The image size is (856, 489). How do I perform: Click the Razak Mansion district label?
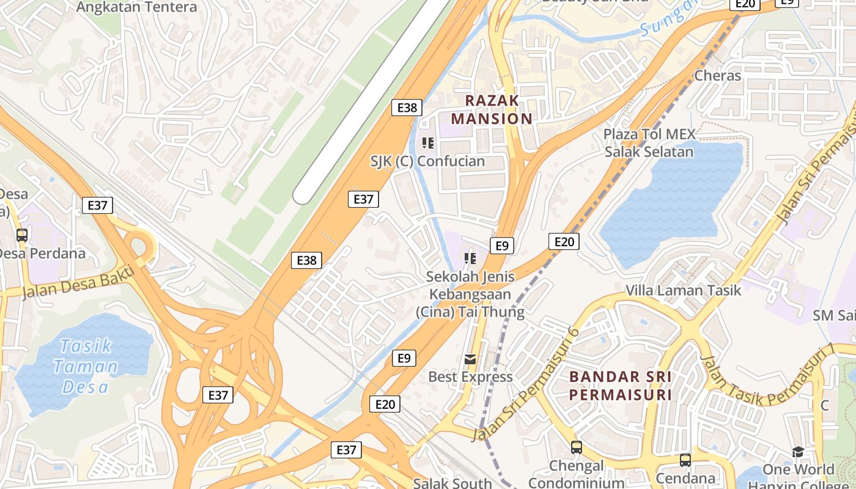click(492, 109)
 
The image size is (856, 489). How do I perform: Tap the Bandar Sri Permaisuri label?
click(621, 385)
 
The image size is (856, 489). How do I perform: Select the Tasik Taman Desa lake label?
click(86, 366)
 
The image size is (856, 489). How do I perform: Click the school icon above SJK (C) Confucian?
click(428, 143)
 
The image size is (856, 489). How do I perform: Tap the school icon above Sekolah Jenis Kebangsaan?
click(470, 258)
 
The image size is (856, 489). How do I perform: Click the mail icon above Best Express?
click(470, 359)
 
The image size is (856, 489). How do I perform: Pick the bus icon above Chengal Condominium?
click(577, 447)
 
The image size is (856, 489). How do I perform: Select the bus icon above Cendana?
click(685, 460)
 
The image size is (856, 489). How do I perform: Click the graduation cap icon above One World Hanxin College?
click(798, 452)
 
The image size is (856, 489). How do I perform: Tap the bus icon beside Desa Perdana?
click(22, 235)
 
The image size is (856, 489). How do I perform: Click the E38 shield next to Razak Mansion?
click(407, 108)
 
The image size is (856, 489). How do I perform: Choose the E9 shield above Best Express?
click(404, 358)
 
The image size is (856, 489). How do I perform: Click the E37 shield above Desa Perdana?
click(97, 205)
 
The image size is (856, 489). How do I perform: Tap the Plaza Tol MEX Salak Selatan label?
click(649, 143)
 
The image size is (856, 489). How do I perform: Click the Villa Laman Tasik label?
click(683, 290)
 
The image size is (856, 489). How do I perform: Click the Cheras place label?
click(718, 76)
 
